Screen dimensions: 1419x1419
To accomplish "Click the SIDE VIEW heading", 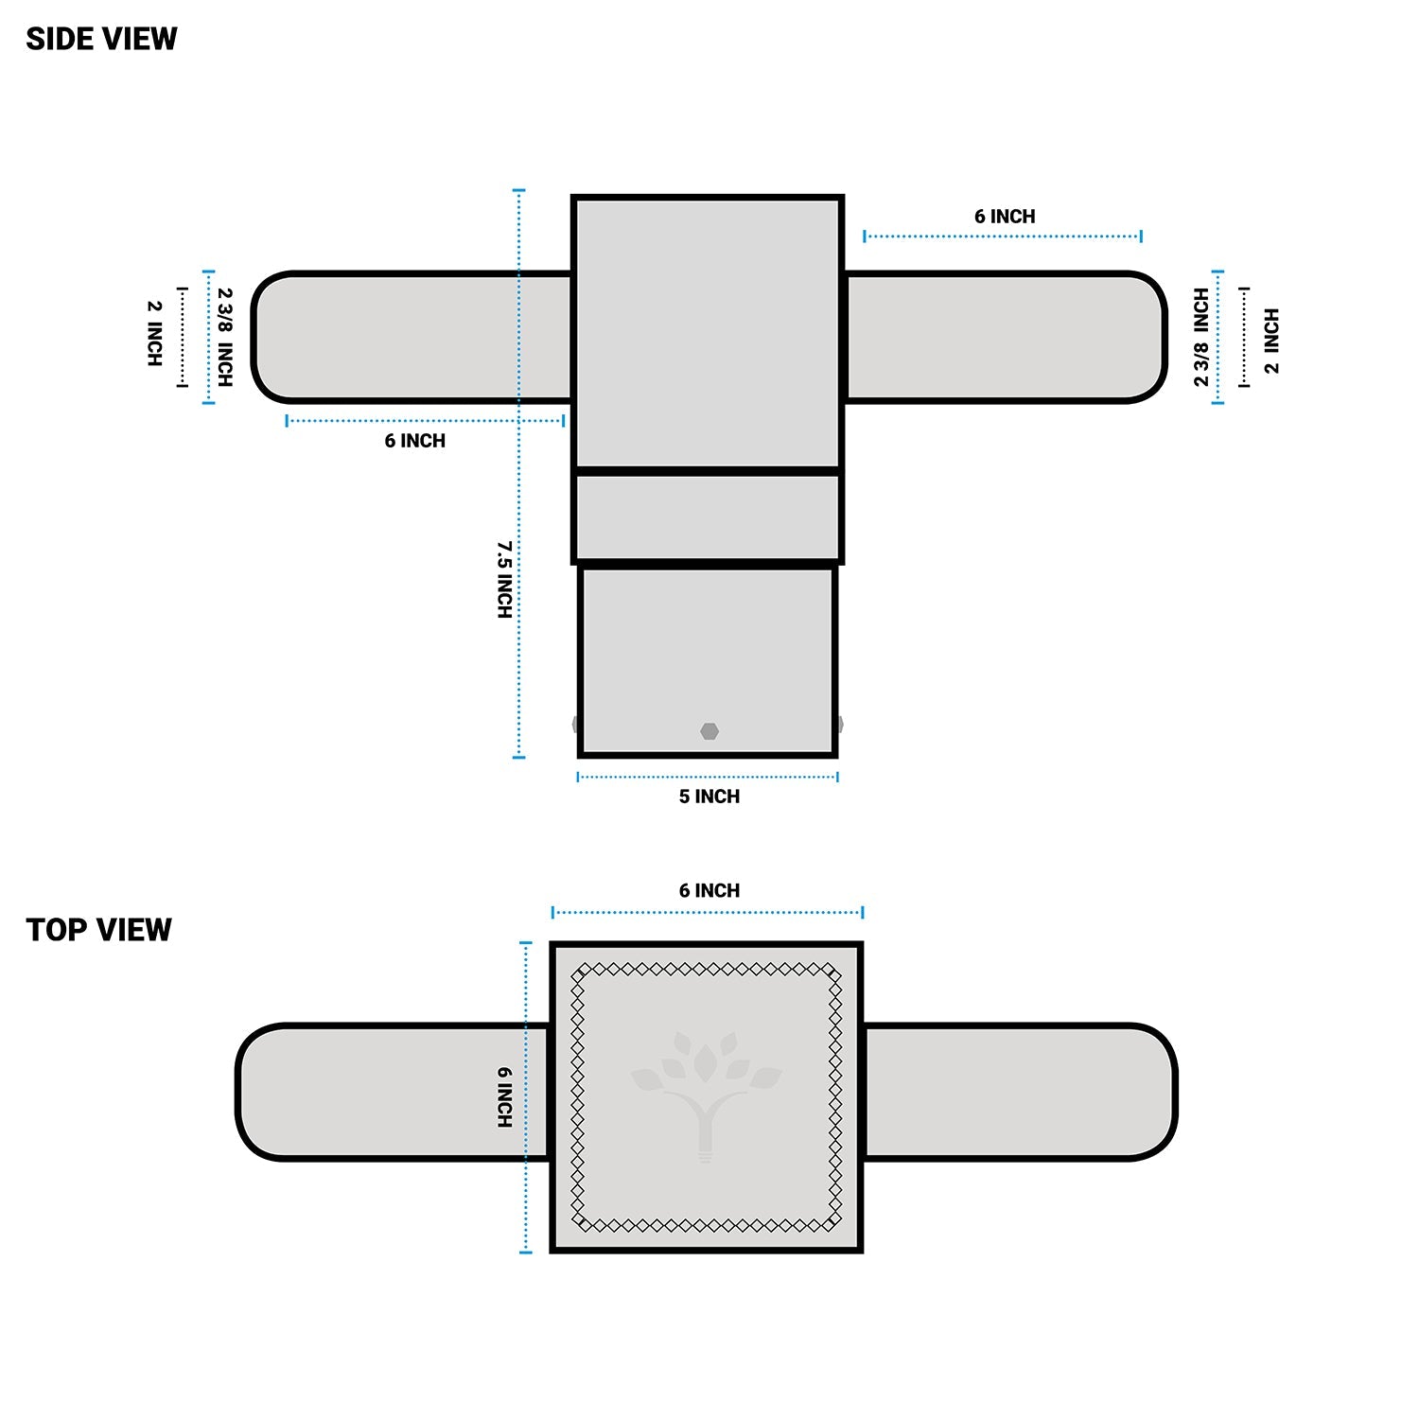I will pyautogui.click(x=101, y=39).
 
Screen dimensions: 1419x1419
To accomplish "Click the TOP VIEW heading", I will pyautogui.click(x=98, y=930).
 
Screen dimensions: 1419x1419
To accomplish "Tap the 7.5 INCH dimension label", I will pyautogui.click(x=504, y=580).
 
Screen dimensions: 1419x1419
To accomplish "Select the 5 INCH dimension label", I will pyautogui.click(x=709, y=797).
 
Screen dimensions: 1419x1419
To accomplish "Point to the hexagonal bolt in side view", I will pyautogui.click(x=709, y=731).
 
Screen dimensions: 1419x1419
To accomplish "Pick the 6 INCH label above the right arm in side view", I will pyautogui.click(x=1005, y=217).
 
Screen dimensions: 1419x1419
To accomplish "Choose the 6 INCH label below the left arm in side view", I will pyautogui.click(x=414, y=441).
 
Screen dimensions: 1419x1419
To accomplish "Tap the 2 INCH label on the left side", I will pyautogui.click(x=154, y=333).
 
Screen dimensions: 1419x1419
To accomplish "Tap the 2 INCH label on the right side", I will pyautogui.click(x=1271, y=341).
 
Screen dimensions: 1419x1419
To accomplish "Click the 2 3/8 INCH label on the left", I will pyautogui.click(x=224, y=338).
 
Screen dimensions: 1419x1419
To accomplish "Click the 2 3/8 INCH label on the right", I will pyautogui.click(x=1200, y=338).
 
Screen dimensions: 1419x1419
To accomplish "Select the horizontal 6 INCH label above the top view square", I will pyautogui.click(x=709, y=891).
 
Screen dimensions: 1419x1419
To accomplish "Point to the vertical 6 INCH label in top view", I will pyautogui.click(x=504, y=1097).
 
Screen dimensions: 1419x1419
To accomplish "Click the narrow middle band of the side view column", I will pyautogui.click(x=708, y=517).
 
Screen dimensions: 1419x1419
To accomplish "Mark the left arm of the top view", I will pyautogui.click(x=393, y=1092).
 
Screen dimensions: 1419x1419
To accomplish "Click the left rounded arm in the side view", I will pyautogui.click(x=412, y=338).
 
